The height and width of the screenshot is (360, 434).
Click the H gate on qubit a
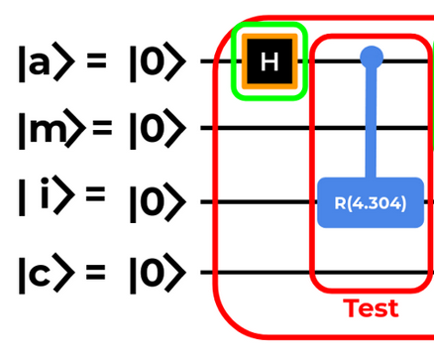270,61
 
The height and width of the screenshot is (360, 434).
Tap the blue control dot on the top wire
372,58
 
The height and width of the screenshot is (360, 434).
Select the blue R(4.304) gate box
371,202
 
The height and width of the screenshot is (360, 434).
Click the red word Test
371,307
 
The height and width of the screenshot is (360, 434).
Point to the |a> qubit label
47,61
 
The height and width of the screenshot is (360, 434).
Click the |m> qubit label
51,129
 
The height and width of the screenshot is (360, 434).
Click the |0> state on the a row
158,61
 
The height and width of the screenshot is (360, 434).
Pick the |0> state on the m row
158,129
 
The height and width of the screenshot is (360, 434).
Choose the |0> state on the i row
158,202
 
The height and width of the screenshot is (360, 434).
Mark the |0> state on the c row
158,274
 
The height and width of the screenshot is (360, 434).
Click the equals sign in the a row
96,60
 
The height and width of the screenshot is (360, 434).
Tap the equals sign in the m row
102,128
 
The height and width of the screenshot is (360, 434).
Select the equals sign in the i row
95,194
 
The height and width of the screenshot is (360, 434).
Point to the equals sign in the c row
95,272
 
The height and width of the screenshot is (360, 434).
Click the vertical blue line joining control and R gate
371,122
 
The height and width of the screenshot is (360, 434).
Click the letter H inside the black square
270,61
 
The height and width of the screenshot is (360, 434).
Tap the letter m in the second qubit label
48,130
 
